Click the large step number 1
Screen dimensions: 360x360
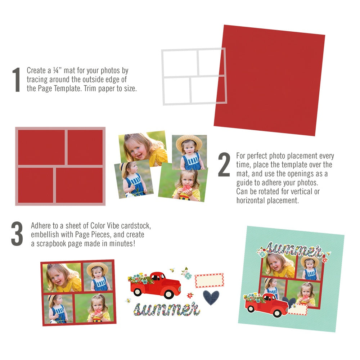pos(16,80)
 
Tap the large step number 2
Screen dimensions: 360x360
pos(224,165)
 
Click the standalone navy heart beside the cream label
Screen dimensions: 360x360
pos(211,297)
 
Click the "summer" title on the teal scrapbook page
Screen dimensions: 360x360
pos(294,249)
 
